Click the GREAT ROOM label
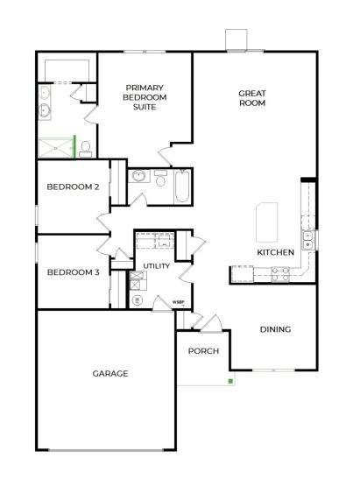click(x=252, y=98)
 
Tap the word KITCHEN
click(x=275, y=252)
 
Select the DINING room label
click(x=275, y=329)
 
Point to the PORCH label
click(x=203, y=351)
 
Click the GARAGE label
click(x=110, y=374)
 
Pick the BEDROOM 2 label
click(x=73, y=187)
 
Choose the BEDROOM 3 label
click(x=74, y=272)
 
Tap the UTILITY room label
click(x=156, y=265)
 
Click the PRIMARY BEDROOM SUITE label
click(x=145, y=97)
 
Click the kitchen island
click(x=266, y=222)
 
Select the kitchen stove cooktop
click(x=280, y=274)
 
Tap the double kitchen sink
click(x=307, y=240)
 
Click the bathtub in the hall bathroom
click(x=181, y=186)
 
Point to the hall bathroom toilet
click(x=160, y=178)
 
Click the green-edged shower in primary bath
click(x=57, y=147)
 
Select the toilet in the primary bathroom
click(x=85, y=149)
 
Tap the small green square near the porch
click(x=230, y=381)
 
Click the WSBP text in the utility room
click(x=176, y=301)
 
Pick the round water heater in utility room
click(x=137, y=300)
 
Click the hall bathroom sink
click(x=138, y=176)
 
